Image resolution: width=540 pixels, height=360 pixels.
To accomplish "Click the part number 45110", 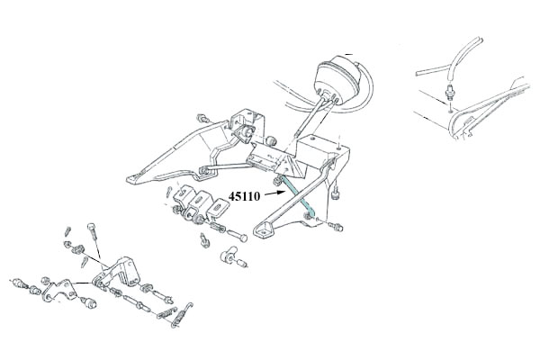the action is pyautogui.click(x=244, y=197).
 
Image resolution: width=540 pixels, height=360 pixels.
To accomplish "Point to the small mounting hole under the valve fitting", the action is pyautogui.click(x=451, y=111).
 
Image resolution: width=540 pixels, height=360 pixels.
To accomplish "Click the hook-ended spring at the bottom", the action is pyautogui.click(x=182, y=314).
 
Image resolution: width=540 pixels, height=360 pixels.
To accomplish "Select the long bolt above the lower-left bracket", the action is pyautogui.click(x=94, y=238).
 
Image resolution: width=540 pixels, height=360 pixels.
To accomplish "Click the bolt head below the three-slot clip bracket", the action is pyautogui.click(x=238, y=236).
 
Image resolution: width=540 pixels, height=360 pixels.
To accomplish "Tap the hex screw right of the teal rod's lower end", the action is pyautogui.click(x=336, y=226).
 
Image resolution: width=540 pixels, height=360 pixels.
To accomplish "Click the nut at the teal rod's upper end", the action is pyautogui.click(x=276, y=180).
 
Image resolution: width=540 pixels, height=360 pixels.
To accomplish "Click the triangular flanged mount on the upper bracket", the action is pyautogui.click(x=246, y=133).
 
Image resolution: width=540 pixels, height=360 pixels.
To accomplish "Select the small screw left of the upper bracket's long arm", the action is pyautogui.click(x=202, y=119).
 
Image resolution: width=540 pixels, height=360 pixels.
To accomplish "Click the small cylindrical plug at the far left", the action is pyautogui.click(x=20, y=284).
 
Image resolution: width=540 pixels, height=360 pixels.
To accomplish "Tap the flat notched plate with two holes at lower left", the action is pyautogui.click(x=59, y=291).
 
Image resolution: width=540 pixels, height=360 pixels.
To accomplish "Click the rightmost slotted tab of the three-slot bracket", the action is pyautogui.click(x=218, y=210).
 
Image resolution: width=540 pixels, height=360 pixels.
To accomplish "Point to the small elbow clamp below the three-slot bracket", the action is pyautogui.click(x=229, y=256).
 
